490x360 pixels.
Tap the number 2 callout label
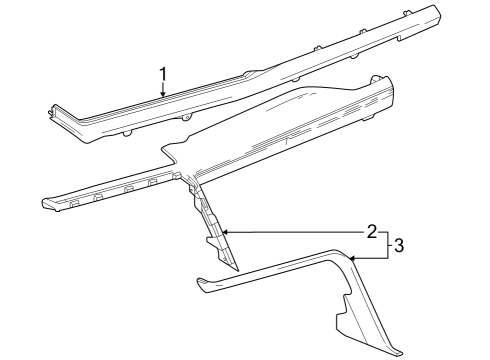coord(371,232)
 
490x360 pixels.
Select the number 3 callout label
coord(399,244)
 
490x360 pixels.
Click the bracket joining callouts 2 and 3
coord(385,244)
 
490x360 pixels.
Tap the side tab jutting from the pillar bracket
coord(211,241)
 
